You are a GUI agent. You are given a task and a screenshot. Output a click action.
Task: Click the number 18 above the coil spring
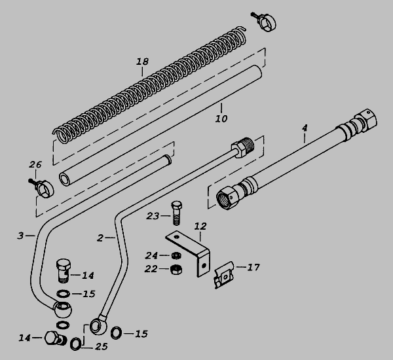point(142,62)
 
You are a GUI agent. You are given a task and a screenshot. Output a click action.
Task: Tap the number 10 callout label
point(221,118)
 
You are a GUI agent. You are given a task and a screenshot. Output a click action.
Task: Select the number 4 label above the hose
point(305,128)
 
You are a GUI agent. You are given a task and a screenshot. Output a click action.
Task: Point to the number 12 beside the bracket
point(200,226)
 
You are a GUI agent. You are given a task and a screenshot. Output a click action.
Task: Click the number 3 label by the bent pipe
point(20,236)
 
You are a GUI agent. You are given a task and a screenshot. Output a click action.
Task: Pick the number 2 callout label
point(100,238)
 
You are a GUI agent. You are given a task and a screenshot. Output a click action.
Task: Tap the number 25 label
point(102,346)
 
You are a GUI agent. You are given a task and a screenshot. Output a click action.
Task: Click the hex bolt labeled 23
point(177,213)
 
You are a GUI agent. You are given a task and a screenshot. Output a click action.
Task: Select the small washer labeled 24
point(176,256)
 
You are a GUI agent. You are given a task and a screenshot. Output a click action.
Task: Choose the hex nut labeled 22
point(176,270)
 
